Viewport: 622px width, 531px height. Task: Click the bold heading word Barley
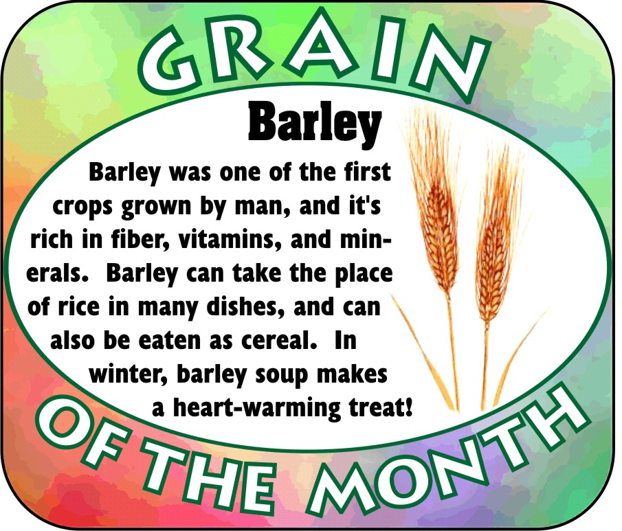(x=315, y=124)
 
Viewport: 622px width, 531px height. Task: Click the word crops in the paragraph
(x=83, y=207)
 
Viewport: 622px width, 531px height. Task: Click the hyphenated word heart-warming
(x=257, y=408)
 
